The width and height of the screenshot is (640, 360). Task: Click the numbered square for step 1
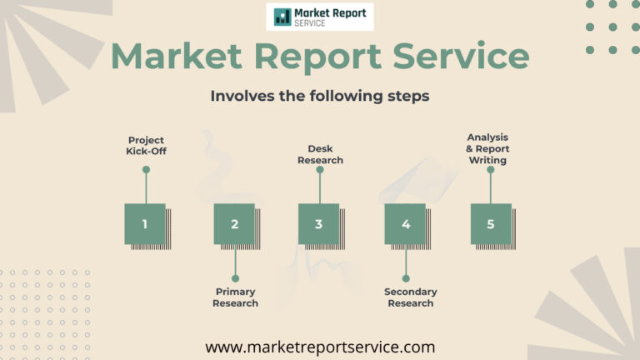click(145, 224)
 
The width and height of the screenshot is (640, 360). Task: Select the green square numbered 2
click(234, 224)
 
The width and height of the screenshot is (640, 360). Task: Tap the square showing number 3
click(319, 224)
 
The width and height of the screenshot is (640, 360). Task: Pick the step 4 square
click(405, 224)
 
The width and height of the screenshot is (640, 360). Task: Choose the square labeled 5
click(491, 224)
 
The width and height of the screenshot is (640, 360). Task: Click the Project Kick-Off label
click(146, 146)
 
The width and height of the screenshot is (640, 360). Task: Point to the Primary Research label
click(236, 297)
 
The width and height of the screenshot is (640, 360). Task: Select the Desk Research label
click(320, 154)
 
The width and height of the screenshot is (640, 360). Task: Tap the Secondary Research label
click(411, 297)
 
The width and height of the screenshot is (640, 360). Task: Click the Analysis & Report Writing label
click(487, 148)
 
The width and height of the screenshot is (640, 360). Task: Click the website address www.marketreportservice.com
click(320, 347)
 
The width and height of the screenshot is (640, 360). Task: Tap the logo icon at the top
click(282, 17)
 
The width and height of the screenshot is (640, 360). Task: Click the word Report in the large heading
click(317, 57)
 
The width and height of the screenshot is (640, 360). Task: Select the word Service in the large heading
click(461, 55)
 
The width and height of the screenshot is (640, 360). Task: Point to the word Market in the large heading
click(177, 56)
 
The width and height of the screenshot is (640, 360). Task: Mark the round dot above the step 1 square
click(146, 169)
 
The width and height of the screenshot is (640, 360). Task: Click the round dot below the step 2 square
click(236, 278)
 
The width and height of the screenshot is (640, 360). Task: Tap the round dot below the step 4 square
click(406, 278)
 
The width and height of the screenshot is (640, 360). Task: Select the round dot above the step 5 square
click(491, 169)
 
